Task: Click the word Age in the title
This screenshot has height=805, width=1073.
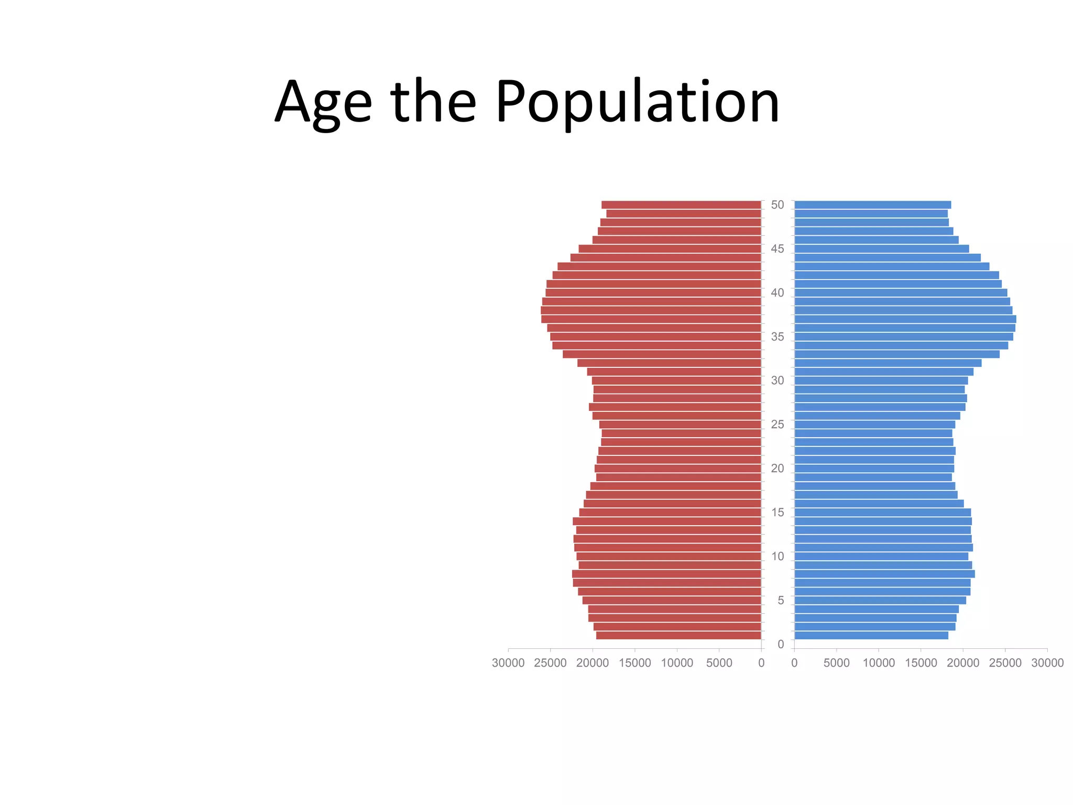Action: click(x=323, y=102)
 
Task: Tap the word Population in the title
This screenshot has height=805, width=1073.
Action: click(x=638, y=102)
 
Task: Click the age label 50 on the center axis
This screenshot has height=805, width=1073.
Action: click(x=778, y=205)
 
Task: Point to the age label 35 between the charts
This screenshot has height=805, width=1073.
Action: click(x=778, y=337)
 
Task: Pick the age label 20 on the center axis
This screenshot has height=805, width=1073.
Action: click(x=778, y=469)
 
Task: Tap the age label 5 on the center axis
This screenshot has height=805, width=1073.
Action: click(x=781, y=601)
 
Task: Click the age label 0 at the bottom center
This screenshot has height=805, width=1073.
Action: click(x=781, y=644)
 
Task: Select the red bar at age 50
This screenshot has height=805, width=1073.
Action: click(x=681, y=205)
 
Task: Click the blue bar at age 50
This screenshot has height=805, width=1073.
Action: click(x=872, y=205)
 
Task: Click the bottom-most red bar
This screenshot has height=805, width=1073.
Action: click(x=678, y=636)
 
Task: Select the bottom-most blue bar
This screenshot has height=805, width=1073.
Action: click(x=871, y=636)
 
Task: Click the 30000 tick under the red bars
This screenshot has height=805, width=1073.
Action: click(x=508, y=663)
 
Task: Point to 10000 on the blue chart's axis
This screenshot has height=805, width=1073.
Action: click(x=879, y=663)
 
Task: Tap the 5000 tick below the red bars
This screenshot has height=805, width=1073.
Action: click(x=719, y=663)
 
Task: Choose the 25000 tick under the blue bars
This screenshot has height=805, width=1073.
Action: click(x=1005, y=663)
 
